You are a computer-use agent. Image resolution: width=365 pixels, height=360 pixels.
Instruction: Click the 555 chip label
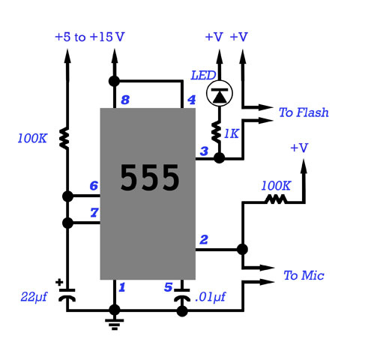[149, 177]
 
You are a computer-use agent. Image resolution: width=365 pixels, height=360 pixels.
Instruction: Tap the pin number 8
[125, 100]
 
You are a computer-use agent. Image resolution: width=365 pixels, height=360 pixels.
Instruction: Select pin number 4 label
[191, 100]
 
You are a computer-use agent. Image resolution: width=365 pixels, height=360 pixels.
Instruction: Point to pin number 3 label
[204, 151]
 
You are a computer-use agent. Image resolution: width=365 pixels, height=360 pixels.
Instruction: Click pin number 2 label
[204, 239]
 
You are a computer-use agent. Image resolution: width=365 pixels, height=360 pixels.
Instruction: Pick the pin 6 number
[94, 185]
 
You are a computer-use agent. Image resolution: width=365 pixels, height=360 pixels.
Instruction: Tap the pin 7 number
[94, 212]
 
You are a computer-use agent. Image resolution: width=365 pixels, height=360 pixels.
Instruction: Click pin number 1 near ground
[121, 287]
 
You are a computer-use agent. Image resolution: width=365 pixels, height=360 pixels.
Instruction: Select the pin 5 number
[168, 287]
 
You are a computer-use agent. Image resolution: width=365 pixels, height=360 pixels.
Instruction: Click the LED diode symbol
[220, 93]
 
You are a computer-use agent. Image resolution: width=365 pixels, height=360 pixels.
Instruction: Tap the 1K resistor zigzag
[216, 132]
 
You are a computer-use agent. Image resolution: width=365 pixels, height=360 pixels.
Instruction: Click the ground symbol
[115, 324]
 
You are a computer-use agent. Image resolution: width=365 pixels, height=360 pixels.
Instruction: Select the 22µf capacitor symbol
[67, 295]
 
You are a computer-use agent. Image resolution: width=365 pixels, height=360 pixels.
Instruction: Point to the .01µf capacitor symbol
[182, 295]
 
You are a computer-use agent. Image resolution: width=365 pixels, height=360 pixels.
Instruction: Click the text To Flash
[304, 112]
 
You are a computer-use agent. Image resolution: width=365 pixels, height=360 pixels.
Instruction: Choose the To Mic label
[304, 275]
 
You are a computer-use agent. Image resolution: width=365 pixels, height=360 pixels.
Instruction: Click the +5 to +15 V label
[90, 37]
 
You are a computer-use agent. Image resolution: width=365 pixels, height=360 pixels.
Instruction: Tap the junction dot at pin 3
[220, 158]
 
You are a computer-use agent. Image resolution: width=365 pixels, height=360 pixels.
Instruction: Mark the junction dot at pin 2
[242, 249]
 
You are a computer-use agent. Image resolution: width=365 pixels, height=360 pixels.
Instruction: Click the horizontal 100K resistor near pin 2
[276, 199]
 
